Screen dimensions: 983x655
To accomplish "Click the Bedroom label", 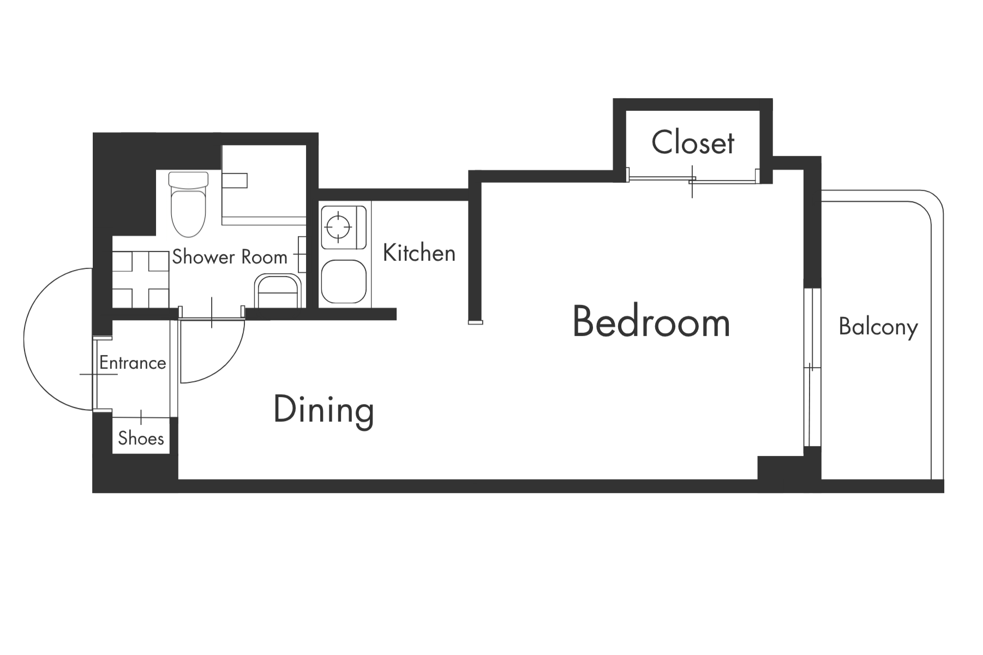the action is (651, 322).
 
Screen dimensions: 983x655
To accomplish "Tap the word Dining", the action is (323, 410).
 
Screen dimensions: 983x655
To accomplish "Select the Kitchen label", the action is (419, 253).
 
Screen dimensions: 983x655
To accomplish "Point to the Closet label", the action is (693, 142).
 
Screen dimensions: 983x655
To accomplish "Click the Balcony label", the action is (878, 327).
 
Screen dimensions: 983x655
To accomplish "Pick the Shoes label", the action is (141, 438).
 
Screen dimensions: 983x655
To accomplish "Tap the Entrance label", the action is (133, 363).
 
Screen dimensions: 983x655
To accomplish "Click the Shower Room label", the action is (230, 257).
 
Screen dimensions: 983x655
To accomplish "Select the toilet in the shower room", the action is (189, 204).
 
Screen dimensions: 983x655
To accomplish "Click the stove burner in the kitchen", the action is (338, 226).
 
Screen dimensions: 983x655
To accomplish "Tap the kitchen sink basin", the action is (344, 281).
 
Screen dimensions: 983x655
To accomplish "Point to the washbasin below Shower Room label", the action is (278, 292).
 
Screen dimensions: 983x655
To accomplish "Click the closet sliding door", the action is (692, 178).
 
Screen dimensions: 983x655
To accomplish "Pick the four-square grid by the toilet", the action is (141, 279).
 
